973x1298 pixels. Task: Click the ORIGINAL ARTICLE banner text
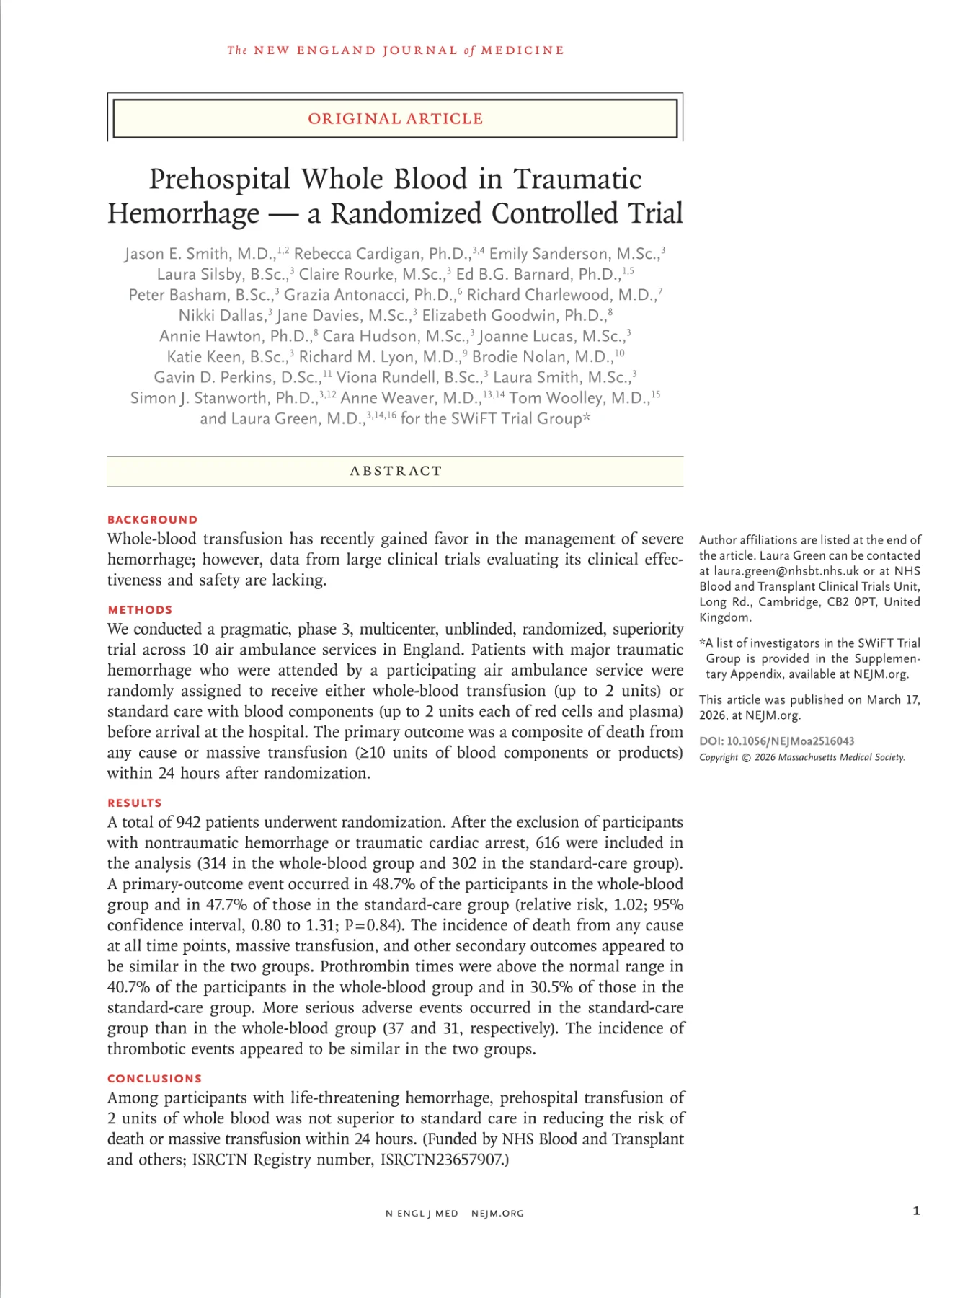(x=395, y=119)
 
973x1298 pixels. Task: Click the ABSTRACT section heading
(x=395, y=471)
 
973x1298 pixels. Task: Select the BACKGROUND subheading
(x=152, y=520)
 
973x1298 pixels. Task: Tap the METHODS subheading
(x=140, y=610)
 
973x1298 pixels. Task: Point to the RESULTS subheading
(x=134, y=803)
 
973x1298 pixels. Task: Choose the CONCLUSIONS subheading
(x=154, y=1079)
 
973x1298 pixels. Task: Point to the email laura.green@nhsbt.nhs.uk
(x=786, y=571)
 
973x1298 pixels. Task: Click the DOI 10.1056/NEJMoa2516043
(x=790, y=741)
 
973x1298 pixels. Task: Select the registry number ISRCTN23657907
(x=442, y=1160)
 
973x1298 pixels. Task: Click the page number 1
(x=916, y=1211)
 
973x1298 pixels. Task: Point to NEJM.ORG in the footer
(x=497, y=1214)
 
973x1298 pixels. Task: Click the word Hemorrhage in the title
(x=183, y=214)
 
